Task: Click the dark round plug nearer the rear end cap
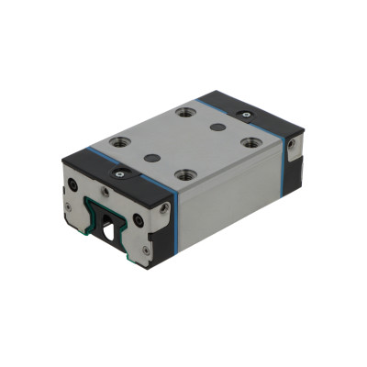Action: (x=217, y=128)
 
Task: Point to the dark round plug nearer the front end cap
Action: (x=153, y=158)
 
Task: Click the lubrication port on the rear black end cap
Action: (x=244, y=114)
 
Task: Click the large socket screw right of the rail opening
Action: (x=139, y=220)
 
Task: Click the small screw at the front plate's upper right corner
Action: (x=163, y=209)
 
